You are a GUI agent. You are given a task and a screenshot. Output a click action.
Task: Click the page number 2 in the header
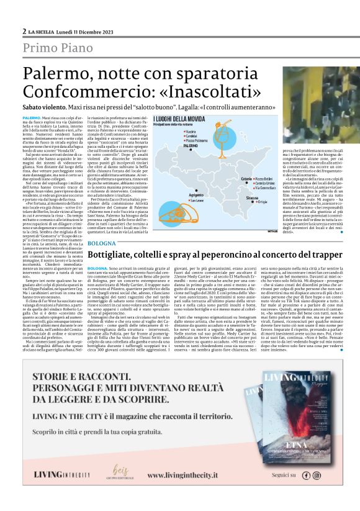click(x=24, y=30)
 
